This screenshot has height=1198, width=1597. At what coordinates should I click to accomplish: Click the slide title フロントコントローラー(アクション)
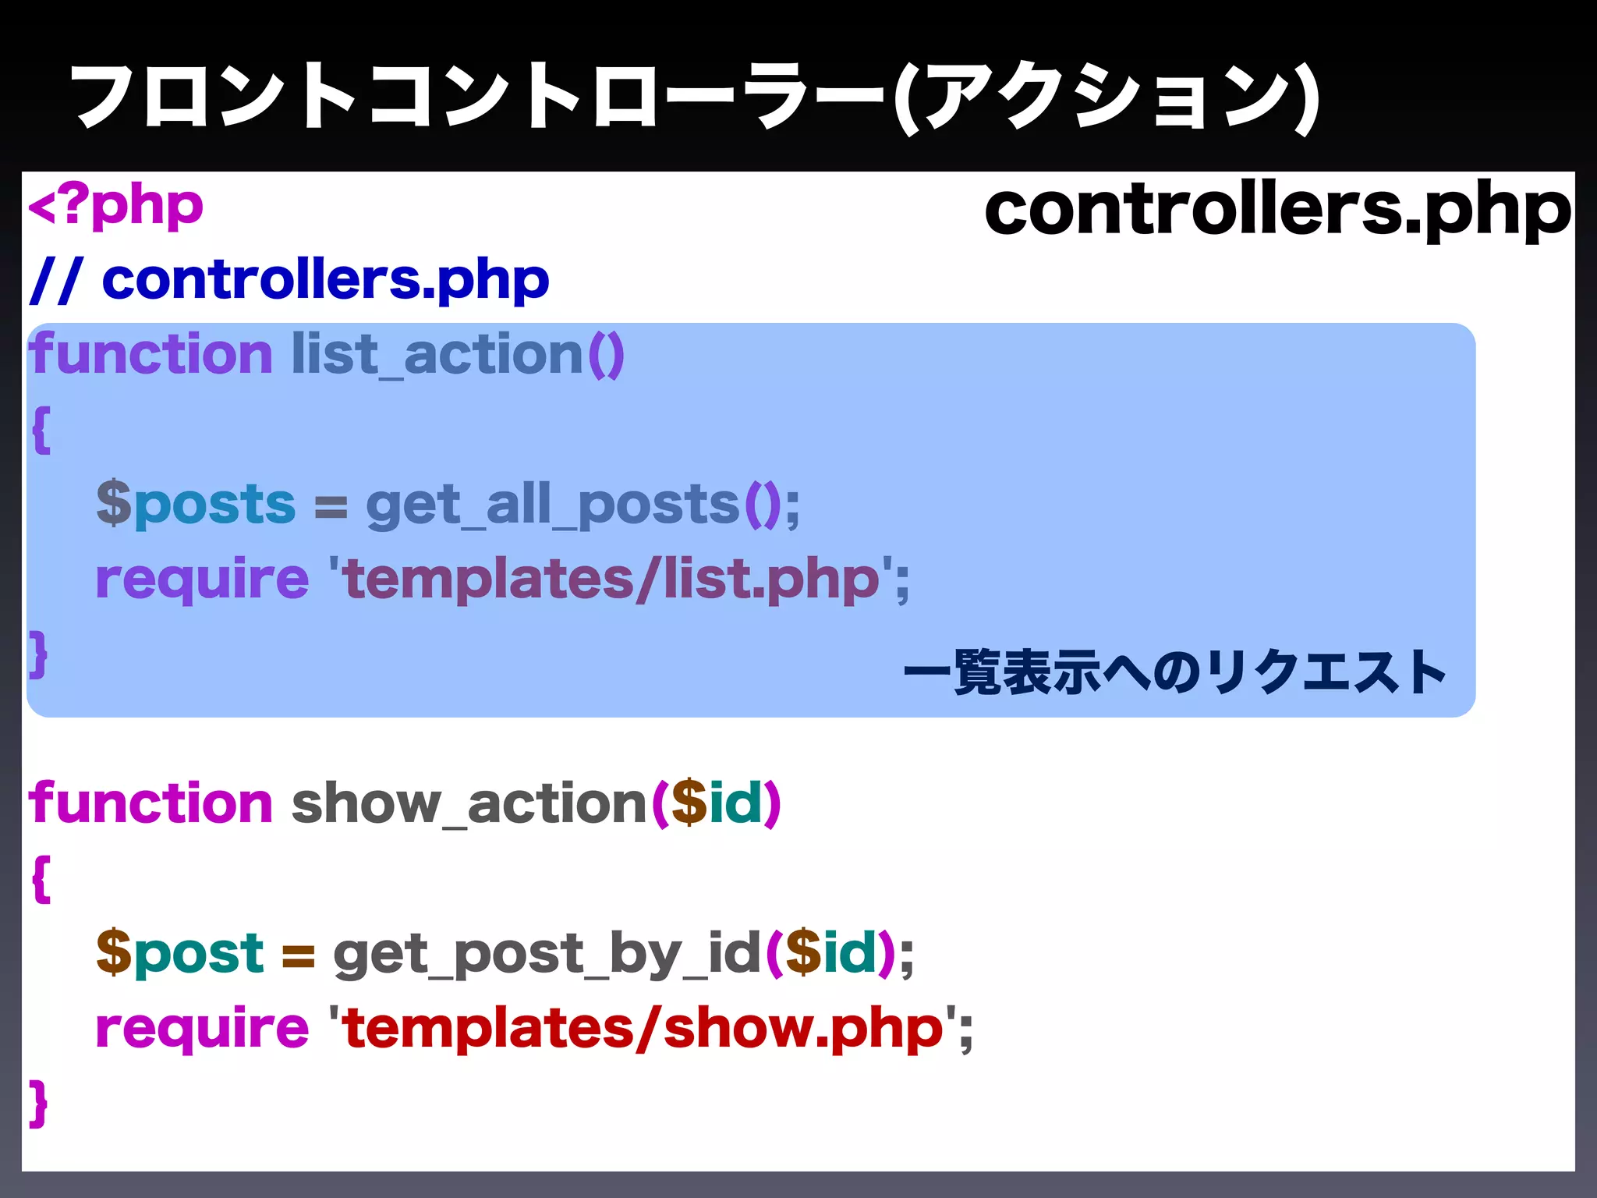(694, 97)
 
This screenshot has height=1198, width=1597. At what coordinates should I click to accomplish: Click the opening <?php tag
(115, 207)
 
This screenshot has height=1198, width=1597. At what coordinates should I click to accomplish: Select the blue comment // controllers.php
(289, 280)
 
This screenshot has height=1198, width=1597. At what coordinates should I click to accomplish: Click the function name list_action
(437, 356)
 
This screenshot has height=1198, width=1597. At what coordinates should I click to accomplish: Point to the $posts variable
(196, 504)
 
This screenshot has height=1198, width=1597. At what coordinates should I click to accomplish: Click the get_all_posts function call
(552, 505)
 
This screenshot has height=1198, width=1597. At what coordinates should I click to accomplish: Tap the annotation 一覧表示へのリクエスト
(1174, 672)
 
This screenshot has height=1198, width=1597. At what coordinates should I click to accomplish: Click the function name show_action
(468, 804)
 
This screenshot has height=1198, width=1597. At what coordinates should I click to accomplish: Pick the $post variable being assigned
(180, 953)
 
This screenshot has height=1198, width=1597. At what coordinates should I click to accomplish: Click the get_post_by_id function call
(546, 955)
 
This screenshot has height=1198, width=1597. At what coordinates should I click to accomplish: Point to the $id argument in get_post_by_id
(830, 953)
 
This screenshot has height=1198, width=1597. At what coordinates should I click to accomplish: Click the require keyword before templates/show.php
(202, 1029)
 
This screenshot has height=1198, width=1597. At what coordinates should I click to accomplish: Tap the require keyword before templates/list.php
(202, 580)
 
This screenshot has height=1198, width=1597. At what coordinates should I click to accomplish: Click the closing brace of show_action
(38, 1103)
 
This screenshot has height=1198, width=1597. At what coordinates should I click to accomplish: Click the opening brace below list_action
(41, 430)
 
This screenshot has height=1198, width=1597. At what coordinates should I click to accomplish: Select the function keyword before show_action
(150, 804)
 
